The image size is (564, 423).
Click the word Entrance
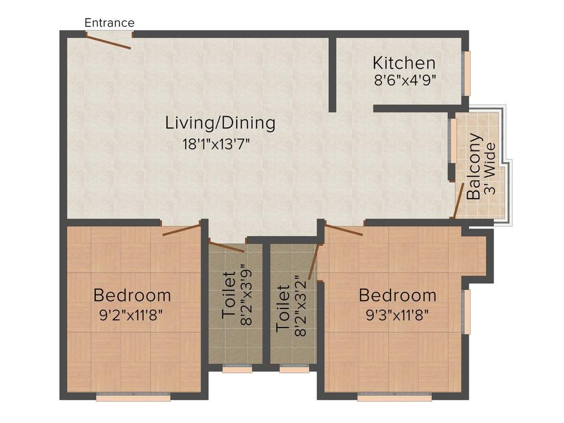pyautogui.click(x=109, y=23)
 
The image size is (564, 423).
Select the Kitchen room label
pyautogui.click(x=404, y=62)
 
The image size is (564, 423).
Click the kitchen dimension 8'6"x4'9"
pyautogui.click(x=405, y=80)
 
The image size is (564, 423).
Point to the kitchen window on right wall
pyautogui.click(x=467, y=73)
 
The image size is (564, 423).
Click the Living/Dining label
pyautogui.click(x=220, y=123)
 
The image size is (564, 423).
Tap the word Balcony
pyautogui.click(x=474, y=166)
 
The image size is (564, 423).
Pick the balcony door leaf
pyautogui.click(x=458, y=201)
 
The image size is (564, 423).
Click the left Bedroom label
pyautogui.click(x=132, y=295)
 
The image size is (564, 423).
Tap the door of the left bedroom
pyautogui.click(x=181, y=229)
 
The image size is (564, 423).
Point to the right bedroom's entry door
pyautogui.click(x=344, y=230)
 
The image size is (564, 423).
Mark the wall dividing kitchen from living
pyautogui.click(x=333, y=74)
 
